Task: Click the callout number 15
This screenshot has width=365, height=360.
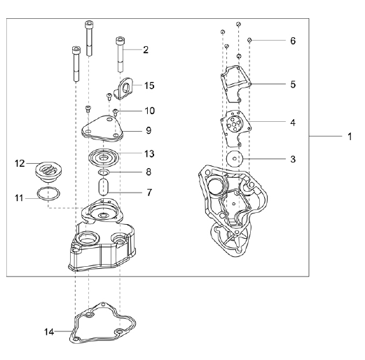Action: pos(149,85)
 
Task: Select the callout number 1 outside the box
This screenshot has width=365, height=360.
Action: pos(350,137)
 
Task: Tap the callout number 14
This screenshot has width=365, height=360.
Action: pos(49,332)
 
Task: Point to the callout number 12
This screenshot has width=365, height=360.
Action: pos(20,163)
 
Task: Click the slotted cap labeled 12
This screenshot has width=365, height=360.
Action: pos(47,173)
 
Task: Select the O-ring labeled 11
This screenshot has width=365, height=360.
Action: pos(48,193)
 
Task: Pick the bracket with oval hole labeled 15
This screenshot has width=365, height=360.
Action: pos(123,89)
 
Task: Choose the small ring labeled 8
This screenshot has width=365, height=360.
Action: pos(104,172)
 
